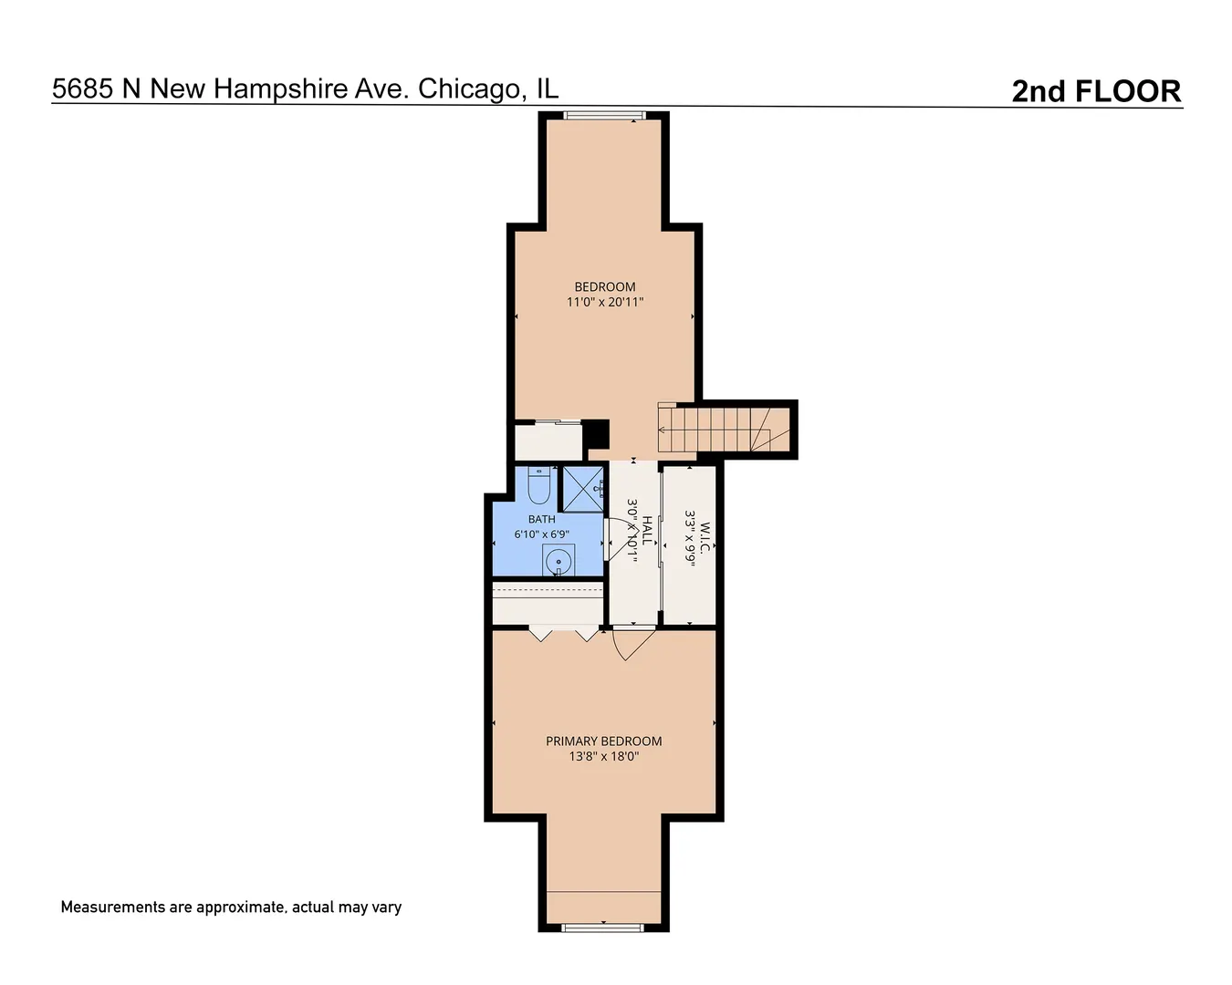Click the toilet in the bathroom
(538, 485)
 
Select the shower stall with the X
(583, 490)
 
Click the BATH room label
(541, 519)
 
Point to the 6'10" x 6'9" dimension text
(541, 534)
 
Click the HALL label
(648, 531)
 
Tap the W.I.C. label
(705, 537)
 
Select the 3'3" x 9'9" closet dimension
(690, 538)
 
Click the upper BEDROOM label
(604, 286)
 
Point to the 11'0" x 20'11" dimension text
(605, 302)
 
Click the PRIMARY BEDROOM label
(603, 741)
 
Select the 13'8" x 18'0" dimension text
(603, 757)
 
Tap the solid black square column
(595, 434)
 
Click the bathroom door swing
(617, 539)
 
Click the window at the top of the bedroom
(604, 115)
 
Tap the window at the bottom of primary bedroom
(603, 928)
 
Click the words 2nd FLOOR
(1096, 91)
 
